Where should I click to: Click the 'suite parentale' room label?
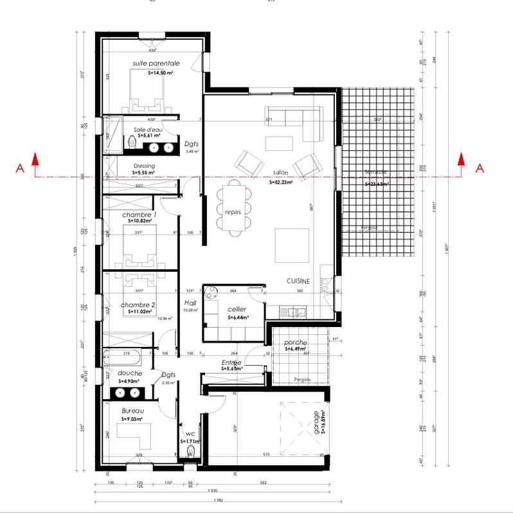point(156,64)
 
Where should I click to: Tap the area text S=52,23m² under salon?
point(282,182)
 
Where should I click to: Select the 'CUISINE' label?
point(298,281)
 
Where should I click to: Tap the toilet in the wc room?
point(190,454)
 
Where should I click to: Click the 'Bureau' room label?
point(133,411)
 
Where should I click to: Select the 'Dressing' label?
point(144,166)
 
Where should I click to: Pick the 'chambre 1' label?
point(139,214)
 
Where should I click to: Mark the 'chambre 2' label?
point(138,305)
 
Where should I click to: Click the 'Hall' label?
point(190,303)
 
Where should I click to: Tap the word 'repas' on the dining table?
point(233,211)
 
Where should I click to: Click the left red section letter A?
point(20,169)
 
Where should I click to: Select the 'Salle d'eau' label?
point(148,129)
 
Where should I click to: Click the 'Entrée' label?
point(230,363)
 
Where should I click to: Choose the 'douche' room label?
point(129,373)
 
